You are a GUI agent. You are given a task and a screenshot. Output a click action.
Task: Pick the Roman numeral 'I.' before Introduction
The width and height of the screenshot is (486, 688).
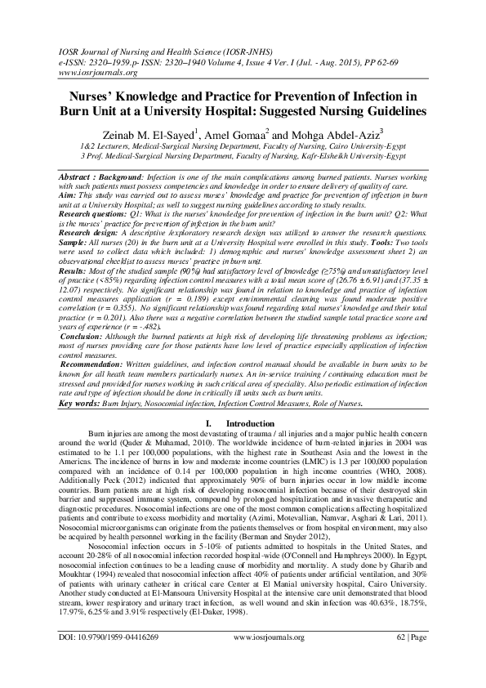(x=209, y=423)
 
